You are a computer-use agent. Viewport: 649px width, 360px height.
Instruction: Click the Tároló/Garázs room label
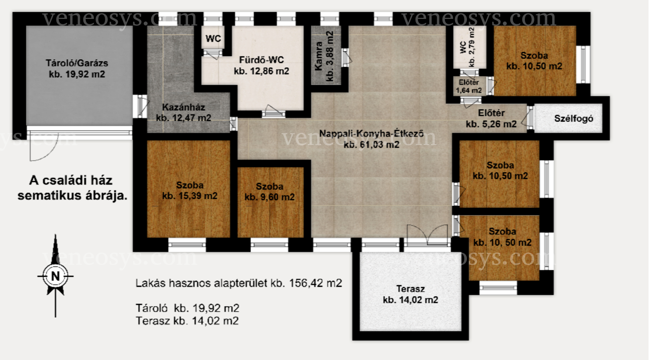tap(77, 69)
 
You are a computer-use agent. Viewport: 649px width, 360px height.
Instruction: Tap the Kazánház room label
tap(184, 113)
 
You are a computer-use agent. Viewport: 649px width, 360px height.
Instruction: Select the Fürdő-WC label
tap(261, 65)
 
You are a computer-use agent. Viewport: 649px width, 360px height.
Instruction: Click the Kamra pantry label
tap(324, 56)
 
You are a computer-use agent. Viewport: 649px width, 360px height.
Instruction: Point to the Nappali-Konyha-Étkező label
tap(372, 139)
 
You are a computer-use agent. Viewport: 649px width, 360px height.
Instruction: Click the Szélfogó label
tap(574, 119)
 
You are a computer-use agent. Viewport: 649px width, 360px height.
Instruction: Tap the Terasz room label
tap(411, 294)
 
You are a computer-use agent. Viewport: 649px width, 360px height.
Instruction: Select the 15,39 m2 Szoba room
tap(189, 189)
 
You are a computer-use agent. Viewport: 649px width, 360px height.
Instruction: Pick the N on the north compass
tap(55, 276)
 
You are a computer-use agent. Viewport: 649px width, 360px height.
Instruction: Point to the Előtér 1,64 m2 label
tap(469, 87)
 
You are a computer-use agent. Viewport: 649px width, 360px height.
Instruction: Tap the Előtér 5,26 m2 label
tap(491, 119)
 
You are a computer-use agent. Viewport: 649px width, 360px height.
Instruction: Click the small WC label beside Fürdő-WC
tap(213, 38)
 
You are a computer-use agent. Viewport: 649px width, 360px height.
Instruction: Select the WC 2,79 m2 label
tap(467, 47)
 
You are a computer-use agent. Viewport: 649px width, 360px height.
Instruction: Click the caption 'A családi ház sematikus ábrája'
tap(72, 188)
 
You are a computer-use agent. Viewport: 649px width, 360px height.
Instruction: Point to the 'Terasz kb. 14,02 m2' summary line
tap(187, 321)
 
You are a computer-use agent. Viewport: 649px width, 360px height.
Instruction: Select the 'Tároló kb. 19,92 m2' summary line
tap(188, 308)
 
